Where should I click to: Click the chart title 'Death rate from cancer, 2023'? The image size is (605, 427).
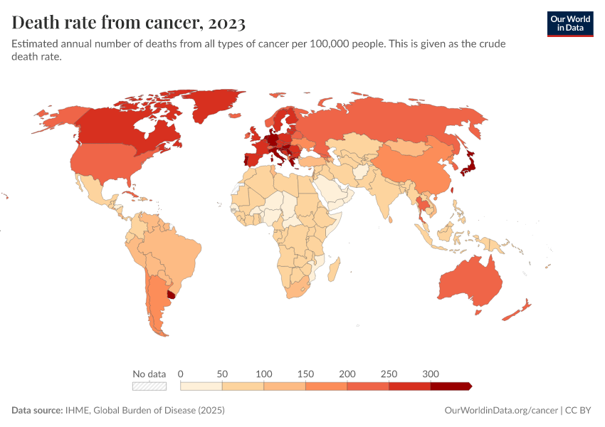point(129,23)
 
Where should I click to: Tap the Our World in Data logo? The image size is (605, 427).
point(570,23)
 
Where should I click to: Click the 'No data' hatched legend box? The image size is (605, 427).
point(149,386)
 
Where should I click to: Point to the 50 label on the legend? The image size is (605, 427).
point(222,374)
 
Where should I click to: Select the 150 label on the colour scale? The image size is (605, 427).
point(305,374)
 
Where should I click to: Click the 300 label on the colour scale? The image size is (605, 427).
point(430,374)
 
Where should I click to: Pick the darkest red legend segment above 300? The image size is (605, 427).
point(450,386)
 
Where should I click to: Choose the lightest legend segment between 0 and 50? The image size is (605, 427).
point(201,386)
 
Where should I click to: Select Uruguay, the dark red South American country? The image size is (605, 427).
point(171,295)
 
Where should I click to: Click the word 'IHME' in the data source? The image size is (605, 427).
point(78,411)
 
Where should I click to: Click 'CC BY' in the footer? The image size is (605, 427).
point(579,411)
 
